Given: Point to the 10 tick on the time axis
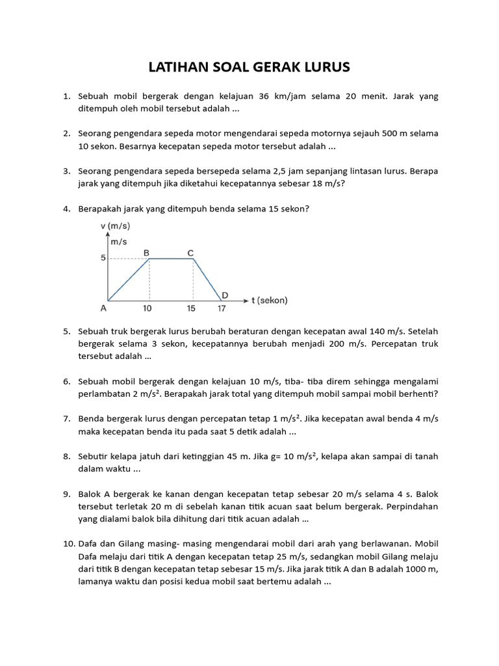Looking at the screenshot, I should pos(149,309).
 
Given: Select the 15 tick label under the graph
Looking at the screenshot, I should pos(192,309).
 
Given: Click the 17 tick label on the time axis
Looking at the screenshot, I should pos(222,309).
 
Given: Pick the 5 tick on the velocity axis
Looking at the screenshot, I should pos(103,258).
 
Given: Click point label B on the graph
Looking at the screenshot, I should pos(147,252).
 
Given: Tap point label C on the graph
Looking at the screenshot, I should pos(190,252).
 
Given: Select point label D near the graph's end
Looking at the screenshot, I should pos(225,295).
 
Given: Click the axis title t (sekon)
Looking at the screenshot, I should pos(269,300).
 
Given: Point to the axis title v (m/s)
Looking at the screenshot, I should pos(115,226).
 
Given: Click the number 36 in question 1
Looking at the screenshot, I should pos(264,96).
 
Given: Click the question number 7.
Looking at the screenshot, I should pos(66,419).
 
